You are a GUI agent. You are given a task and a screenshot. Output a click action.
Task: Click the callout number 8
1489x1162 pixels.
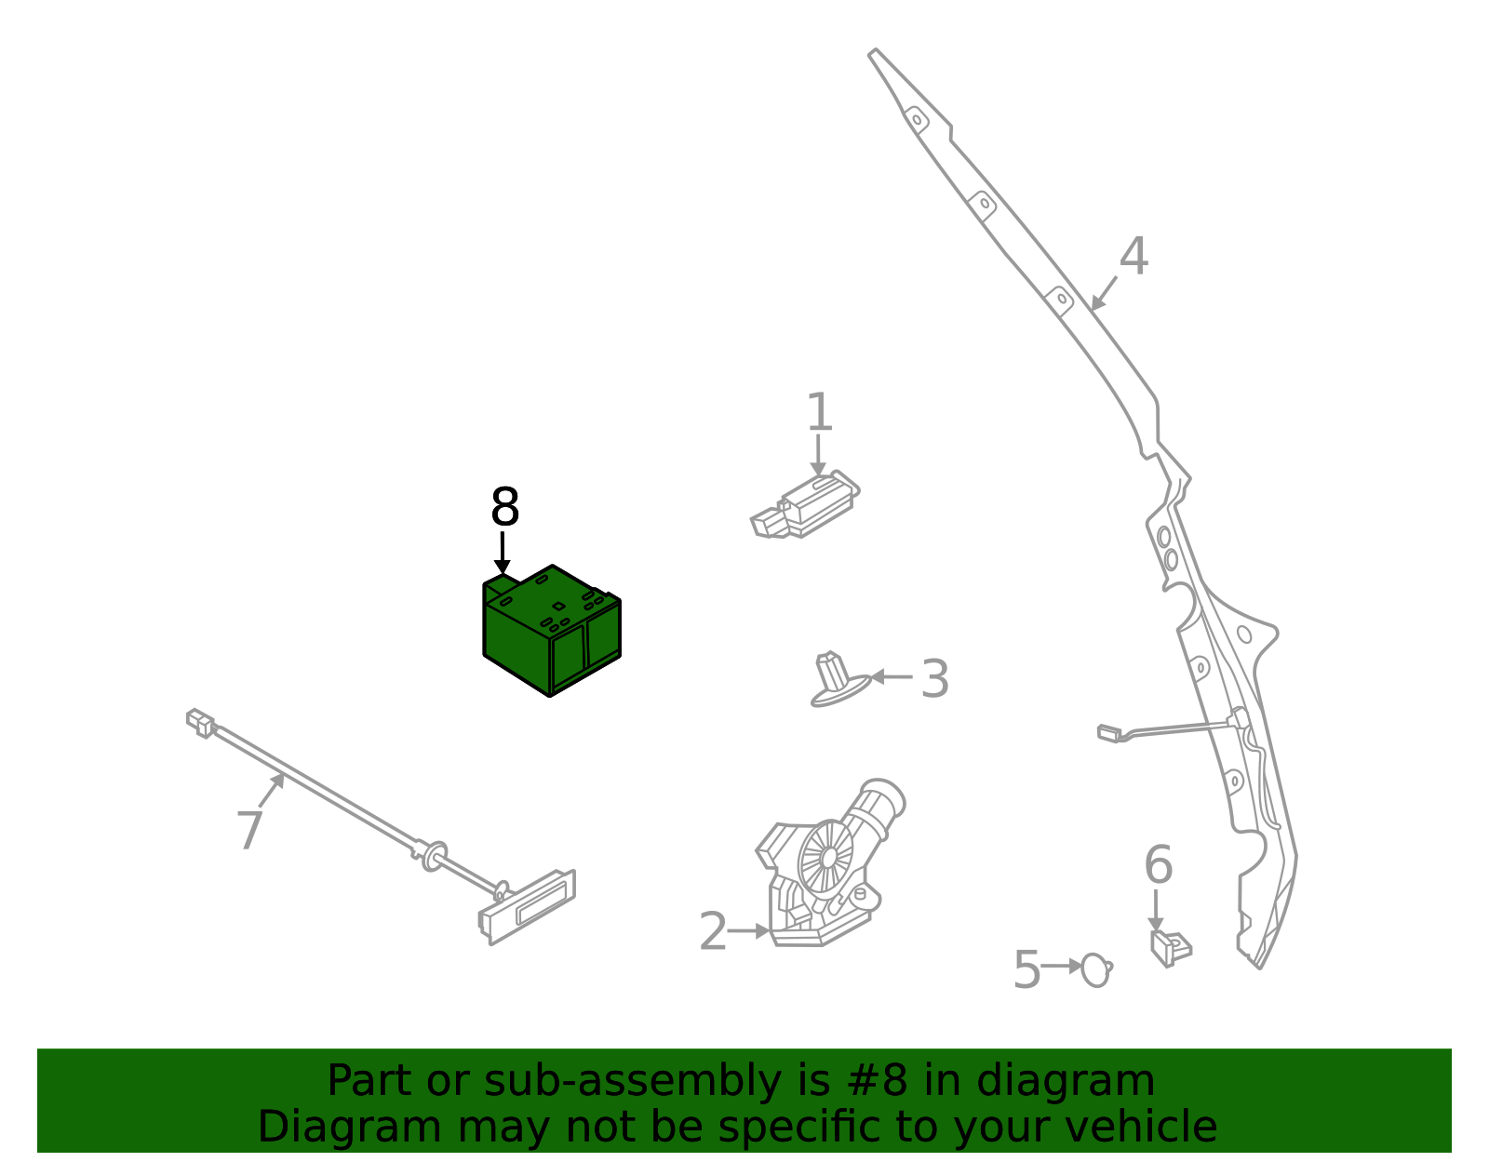click(x=504, y=508)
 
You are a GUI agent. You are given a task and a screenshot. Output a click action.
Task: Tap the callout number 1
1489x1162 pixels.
click(x=818, y=412)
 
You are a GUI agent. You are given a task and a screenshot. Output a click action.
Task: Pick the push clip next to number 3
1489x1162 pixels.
click(x=837, y=680)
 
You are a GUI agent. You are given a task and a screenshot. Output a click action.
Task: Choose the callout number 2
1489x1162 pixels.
click(x=712, y=931)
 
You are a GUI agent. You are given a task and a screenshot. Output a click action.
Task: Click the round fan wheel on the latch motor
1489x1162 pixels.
click(x=825, y=857)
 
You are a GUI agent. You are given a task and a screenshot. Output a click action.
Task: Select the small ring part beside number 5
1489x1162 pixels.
click(x=1096, y=969)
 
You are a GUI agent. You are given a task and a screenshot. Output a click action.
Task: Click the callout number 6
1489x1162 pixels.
click(x=1158, y=865)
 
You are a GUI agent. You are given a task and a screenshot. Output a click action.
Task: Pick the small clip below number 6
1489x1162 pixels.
click(x=1170, y=947)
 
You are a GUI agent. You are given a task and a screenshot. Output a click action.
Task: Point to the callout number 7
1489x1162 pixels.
click(x=249, y=830)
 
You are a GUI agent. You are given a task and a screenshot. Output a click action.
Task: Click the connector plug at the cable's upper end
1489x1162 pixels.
click(x=200, y=722)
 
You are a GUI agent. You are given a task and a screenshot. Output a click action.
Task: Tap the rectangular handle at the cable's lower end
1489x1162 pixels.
click(x=528, y=906)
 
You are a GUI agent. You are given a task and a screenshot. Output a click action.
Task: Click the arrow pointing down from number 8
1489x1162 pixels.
click(x=503, y=553)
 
